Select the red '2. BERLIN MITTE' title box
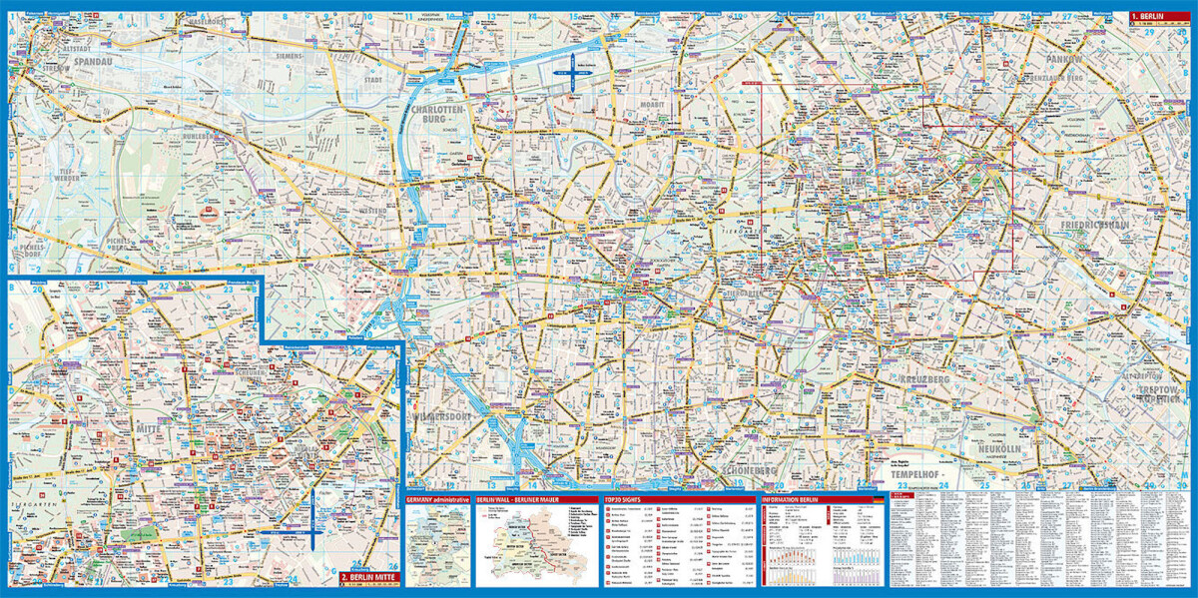point(369,577)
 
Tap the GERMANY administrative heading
point(438,498)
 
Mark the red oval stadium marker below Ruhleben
point(209,213)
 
